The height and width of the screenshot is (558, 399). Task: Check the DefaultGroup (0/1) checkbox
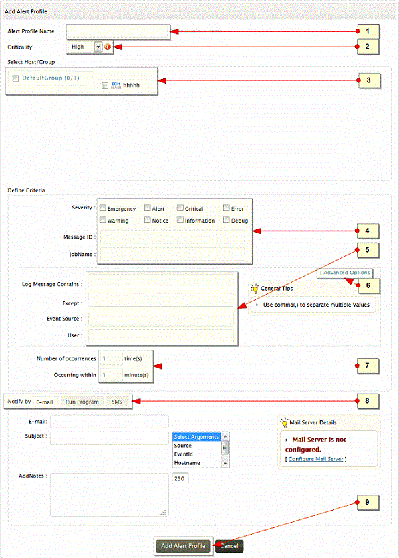coord(16,78)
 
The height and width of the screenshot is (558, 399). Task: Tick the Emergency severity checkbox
coord(102,209)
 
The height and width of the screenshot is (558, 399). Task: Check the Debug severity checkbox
coord(227,220)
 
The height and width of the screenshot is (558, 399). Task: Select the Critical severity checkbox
coord(180,209)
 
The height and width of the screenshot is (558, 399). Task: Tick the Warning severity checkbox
coord(102,220)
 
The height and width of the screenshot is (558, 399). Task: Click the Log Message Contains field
coord(161,283)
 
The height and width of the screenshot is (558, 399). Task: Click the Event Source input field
coord(161,319)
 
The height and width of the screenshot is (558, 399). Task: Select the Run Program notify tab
coord(82,402)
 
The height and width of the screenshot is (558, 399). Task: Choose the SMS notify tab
coord(116,402)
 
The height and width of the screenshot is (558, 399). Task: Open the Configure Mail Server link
coord(316,459)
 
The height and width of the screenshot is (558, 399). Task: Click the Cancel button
coord(229,546)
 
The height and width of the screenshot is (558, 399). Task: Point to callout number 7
coord(368,365)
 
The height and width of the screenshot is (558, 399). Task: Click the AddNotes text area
coord(108,494)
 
